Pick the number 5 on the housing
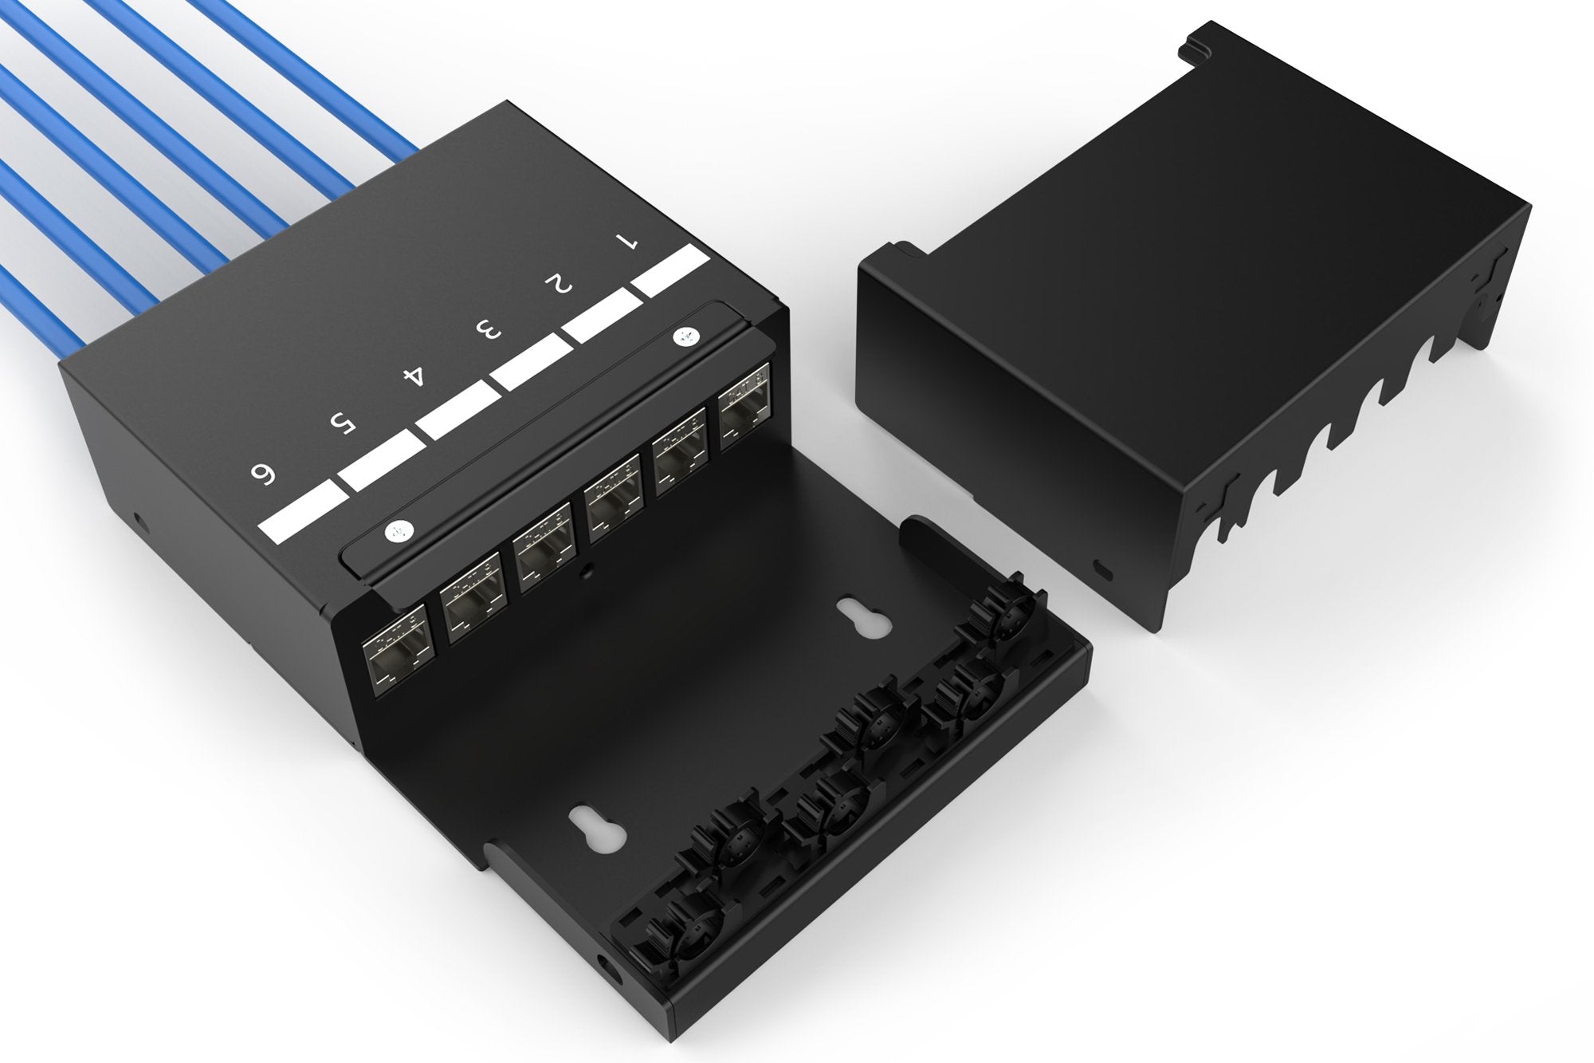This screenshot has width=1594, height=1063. pyautogui.click(x=340, y=424)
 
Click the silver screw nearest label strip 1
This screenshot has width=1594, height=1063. pyautogui.click(x=683, y=337)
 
